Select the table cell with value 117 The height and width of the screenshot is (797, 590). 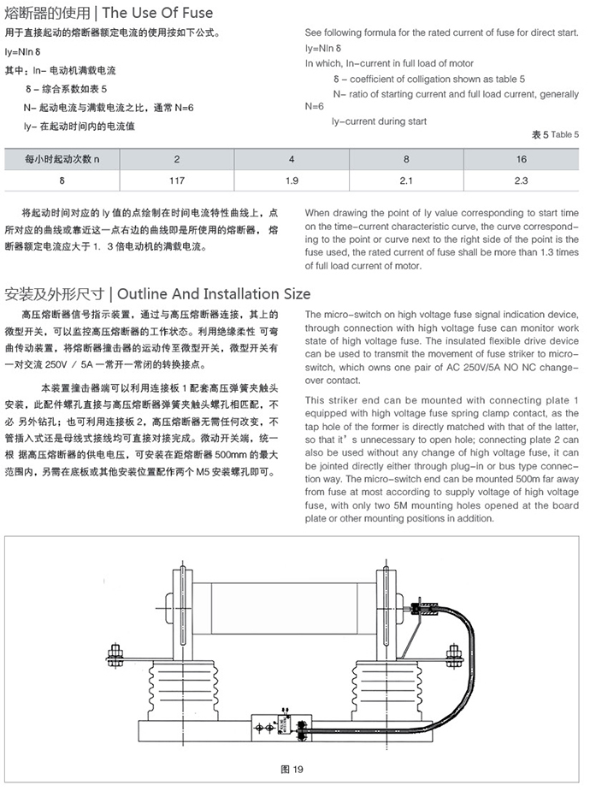[x=177, y=180]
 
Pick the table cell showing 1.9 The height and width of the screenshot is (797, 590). [x=292, y=180]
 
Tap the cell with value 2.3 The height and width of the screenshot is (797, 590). [x=521, y=180]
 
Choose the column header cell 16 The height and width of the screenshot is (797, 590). [x=521, y=160]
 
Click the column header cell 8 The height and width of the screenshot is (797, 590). [x=406, y=160]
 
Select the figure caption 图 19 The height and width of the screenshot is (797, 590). [x=292, y=769]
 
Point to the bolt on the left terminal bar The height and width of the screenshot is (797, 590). [x=113, y=657]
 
